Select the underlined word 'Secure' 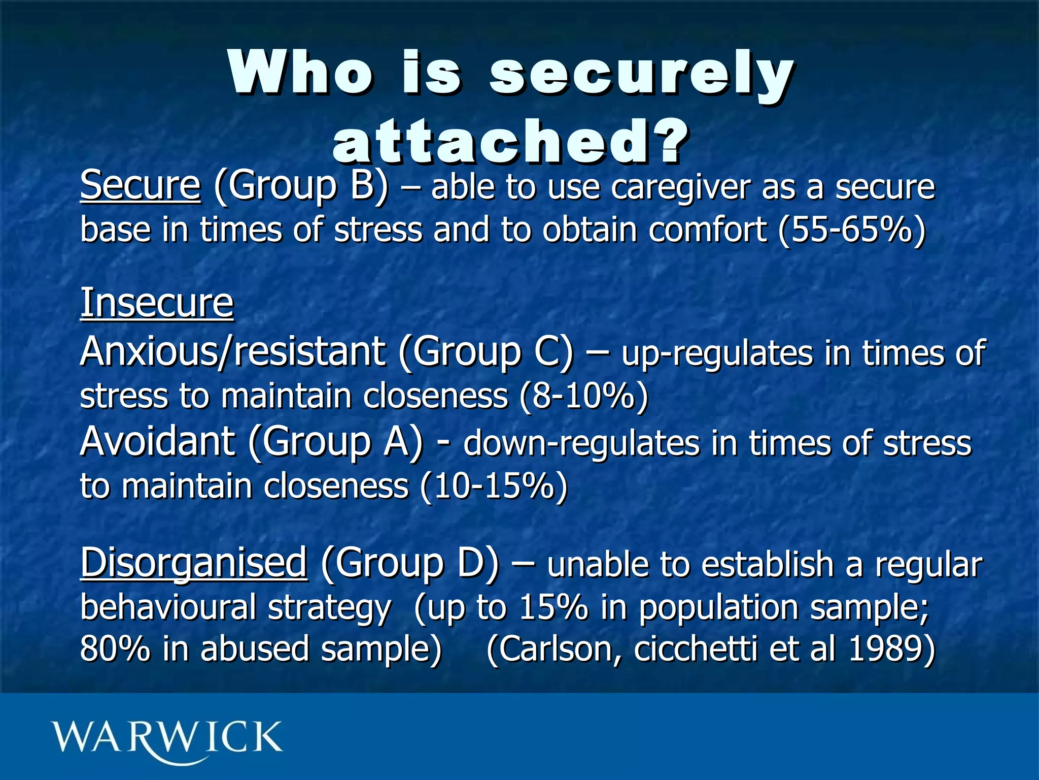(x=140, y=185)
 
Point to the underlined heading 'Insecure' (x=157, y=303)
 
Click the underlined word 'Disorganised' (x=193, y=563)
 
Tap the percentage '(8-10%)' (x=583, y=396)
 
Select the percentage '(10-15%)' (x=494, y=486)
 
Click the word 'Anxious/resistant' (x=232, y=351)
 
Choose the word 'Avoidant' (x=157, y=441)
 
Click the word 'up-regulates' (x=717, y=354)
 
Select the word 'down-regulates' (x=581, y=444)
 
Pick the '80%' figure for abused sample (x=115, y=649)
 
